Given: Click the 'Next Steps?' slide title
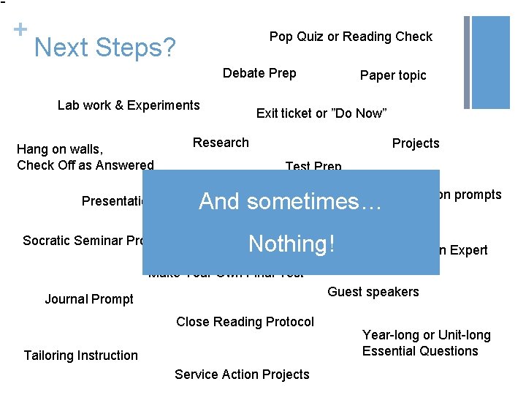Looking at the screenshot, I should (x=104, y=48).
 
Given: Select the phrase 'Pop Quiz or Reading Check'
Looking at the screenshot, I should (x=351, y=37).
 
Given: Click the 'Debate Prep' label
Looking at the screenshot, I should (x=259, y=72).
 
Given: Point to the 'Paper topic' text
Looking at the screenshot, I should (x=393, y=75).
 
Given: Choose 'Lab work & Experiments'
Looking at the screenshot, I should (x=129, y=105).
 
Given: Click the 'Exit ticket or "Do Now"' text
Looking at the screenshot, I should (x=321, y=113).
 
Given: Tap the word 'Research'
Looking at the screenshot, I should (x=221, y=143).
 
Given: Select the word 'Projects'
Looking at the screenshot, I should (x=416, y=143).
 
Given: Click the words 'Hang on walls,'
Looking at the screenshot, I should (x=60, y=150).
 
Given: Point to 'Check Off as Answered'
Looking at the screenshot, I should (x=85, y=165).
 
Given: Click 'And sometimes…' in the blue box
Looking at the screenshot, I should (x=291, y=201).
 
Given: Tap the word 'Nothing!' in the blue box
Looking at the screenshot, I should (x=291, y=243).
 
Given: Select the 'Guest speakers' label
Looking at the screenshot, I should (x=373, y=292).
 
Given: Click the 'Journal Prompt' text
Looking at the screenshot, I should (x=89, y=299).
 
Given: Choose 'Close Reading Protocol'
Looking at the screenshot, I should (x=245, y=322).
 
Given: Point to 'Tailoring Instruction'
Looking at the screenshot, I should (x=80, y=355).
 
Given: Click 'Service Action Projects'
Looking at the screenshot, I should (x=242, y=375).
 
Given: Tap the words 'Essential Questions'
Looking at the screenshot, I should (x=420, y=351).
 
